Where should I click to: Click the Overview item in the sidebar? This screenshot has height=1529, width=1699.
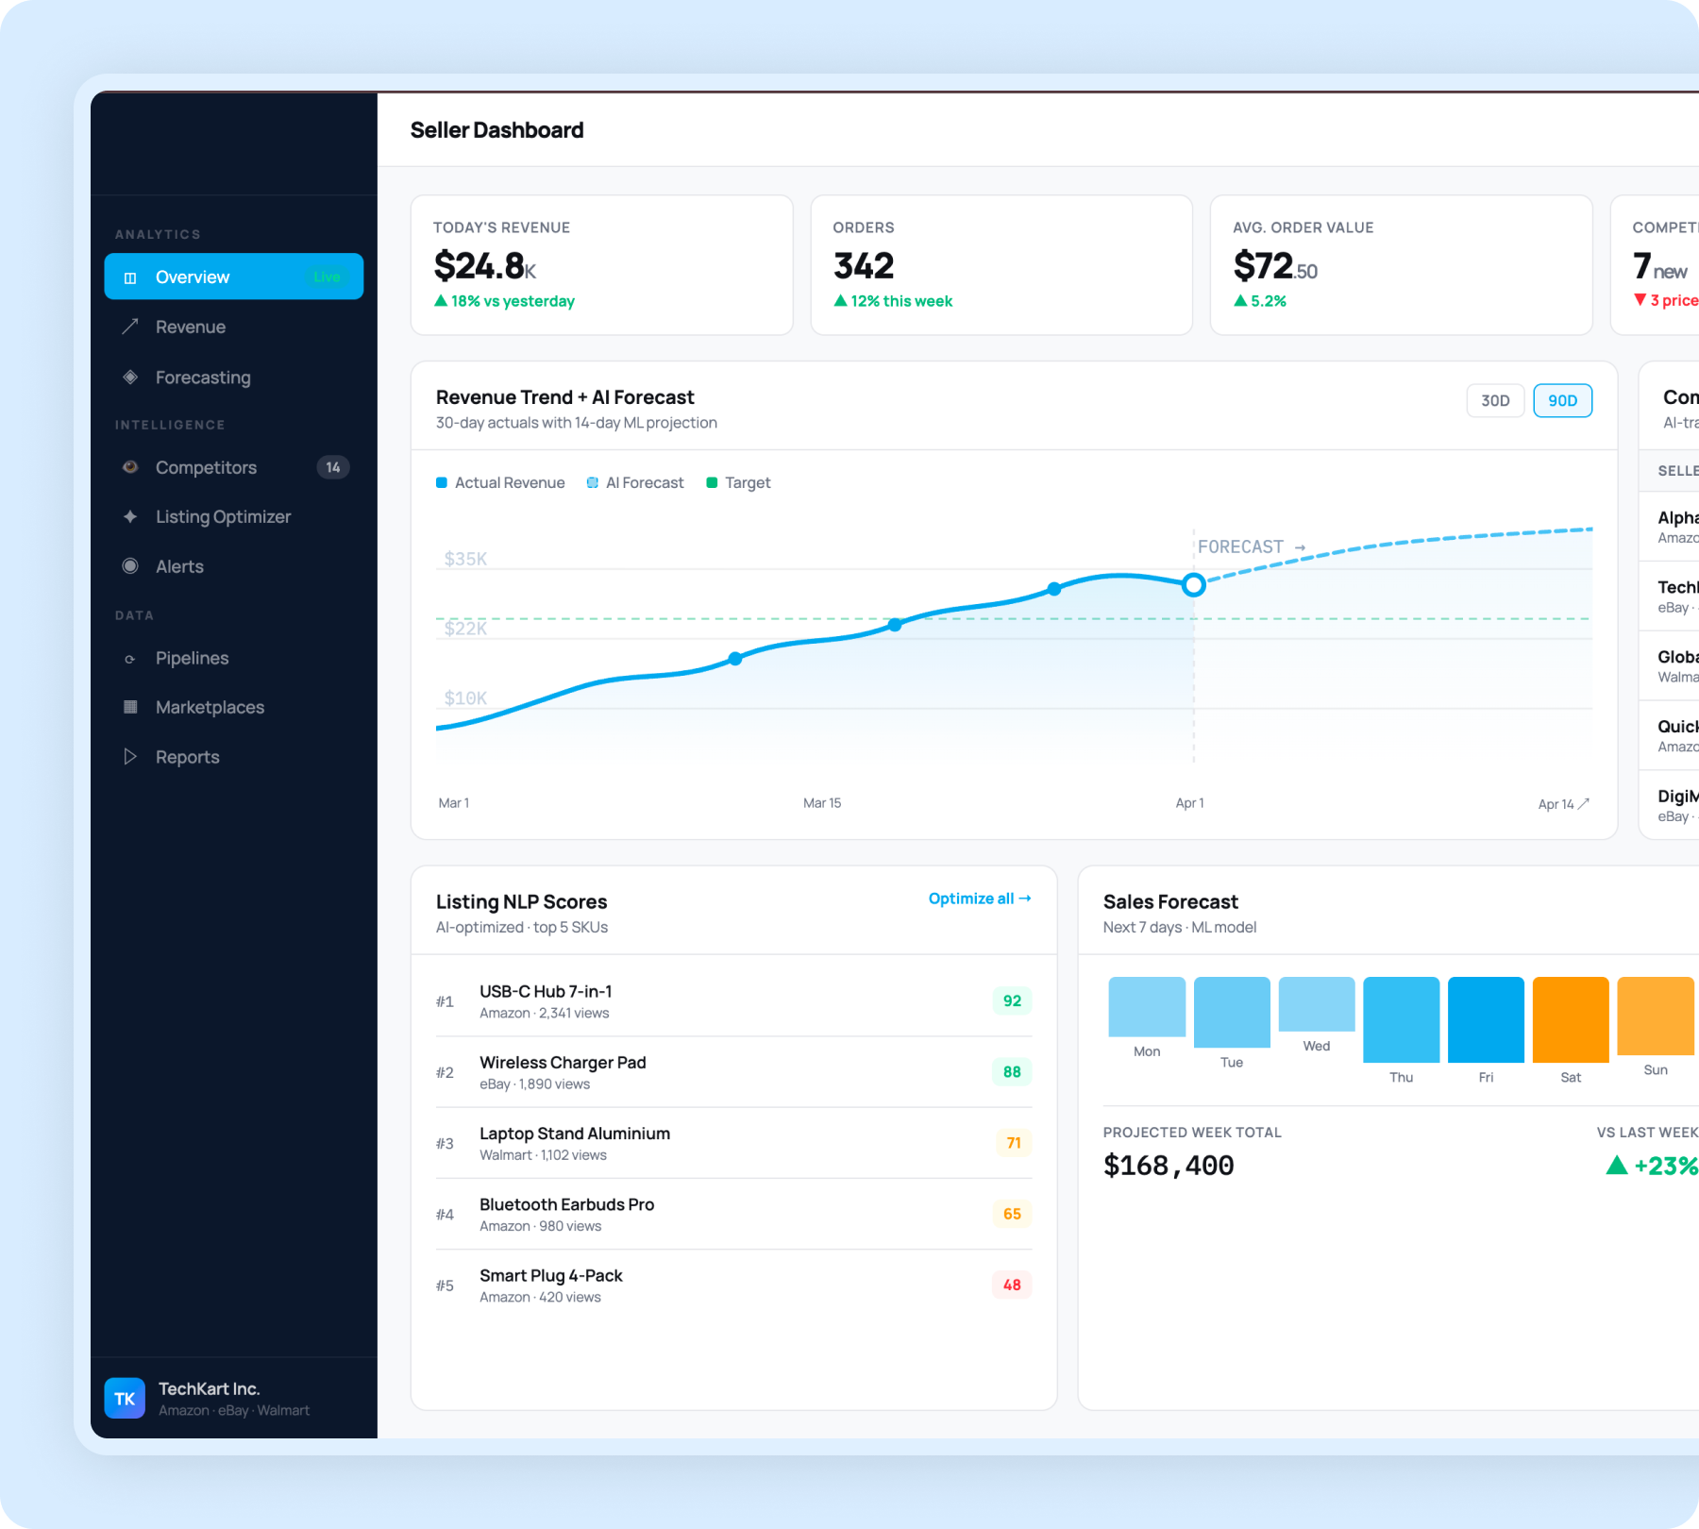coord(233,277)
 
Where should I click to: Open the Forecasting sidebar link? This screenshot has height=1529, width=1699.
coord(203,378)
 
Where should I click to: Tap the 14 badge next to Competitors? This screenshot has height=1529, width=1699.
coord(332,467)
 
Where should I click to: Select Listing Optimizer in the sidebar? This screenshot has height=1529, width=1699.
coord(223,517)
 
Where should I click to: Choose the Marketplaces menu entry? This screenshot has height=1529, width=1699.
coord(210,708)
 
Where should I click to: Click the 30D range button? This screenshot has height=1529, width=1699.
coord(1495,401)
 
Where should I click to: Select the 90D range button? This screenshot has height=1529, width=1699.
coord(1562,401)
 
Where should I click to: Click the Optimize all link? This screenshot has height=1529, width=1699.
coord(979,899)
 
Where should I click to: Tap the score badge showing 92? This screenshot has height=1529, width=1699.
coord(1012,1001)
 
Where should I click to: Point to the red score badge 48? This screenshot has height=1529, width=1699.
coord(1012,1285)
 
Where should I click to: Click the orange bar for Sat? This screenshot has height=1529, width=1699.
coord(1570,1020)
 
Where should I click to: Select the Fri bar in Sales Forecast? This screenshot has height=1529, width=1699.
coord(1486,1020)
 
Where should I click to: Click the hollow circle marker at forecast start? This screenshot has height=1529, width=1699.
coord(1193,585)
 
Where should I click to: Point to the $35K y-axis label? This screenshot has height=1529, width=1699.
coord(465,559)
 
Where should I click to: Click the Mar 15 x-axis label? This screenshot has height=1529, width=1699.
coord(821,803)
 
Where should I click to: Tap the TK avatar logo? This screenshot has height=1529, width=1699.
coord(125,1399)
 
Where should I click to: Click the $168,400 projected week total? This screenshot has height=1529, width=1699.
coord(1169,1166)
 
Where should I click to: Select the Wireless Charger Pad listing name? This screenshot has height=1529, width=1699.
coord(563,1063)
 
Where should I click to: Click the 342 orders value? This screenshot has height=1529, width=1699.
coord(863,266)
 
